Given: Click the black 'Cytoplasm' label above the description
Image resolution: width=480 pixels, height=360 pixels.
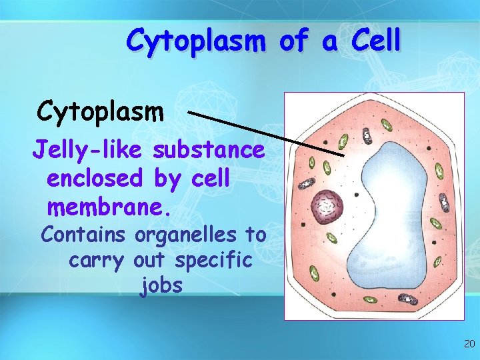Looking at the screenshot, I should [101, 112].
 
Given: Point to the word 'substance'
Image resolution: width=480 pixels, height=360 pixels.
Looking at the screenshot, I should [209, 150].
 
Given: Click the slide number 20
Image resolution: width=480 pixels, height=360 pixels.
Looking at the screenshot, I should [469, 344].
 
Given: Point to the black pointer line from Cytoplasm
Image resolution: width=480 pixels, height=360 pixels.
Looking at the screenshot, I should [267, 134].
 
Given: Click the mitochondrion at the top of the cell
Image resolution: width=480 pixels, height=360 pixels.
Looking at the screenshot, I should [366, 136].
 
